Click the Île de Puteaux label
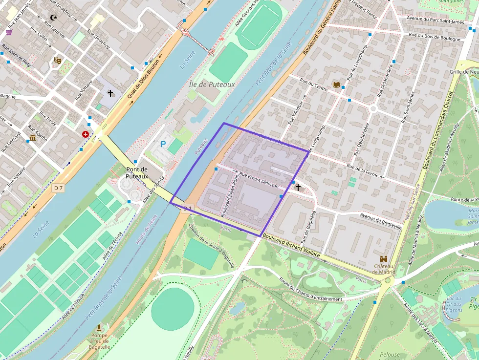point(212,85)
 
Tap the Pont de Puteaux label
point(137,172)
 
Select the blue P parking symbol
point(163,145)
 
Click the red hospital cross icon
point(86,134)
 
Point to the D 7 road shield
point(59,188)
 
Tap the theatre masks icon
point(58,61)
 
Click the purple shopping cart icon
point(9,32)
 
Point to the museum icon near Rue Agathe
point(33,138)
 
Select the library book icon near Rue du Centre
point(336,85)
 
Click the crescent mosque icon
point(53,18)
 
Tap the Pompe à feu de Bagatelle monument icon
point(99,327)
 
